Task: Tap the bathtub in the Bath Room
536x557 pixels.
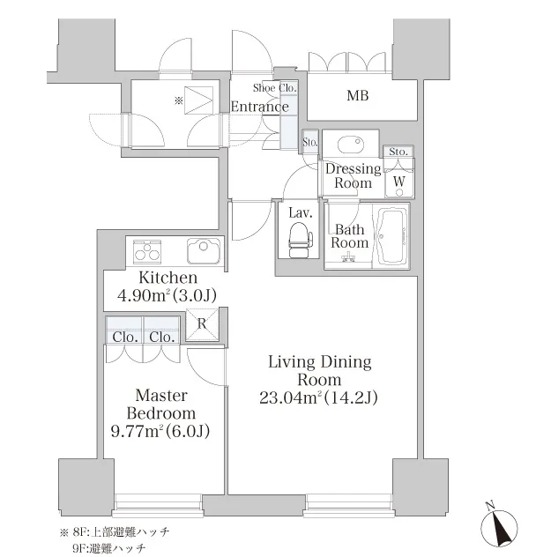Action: coord(391,236)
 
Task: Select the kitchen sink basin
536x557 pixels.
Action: coord(204,251)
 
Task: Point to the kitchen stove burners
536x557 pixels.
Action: coord(147,251)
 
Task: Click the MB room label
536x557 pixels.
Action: coord(358,95)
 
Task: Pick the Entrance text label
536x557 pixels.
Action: coord(260,107)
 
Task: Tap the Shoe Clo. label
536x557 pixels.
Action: coord(275,88)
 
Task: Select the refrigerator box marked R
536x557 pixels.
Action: coord(202,324)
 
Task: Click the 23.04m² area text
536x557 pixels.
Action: coord(318,397)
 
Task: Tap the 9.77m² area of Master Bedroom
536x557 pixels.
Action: coord(160,431)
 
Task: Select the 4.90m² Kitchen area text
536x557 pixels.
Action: coord(167,295)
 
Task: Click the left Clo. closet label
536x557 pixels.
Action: coord(125,337)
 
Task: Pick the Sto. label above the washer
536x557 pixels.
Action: coord(398,152)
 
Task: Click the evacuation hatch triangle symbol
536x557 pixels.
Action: coord(198,100)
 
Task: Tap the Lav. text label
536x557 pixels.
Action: coord(301,212)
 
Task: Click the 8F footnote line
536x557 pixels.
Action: coord(115,532)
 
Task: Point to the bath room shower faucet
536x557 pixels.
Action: coord(349,257)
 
